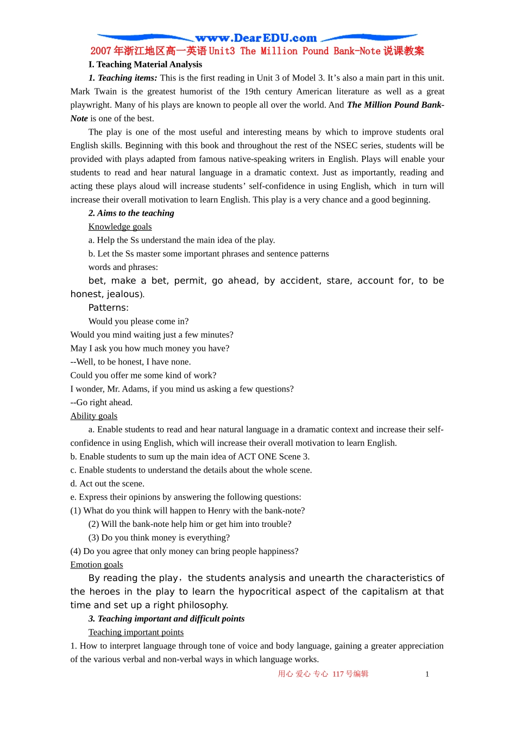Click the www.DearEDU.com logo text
(256, 38)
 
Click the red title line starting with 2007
(257, 51)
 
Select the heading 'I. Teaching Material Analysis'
(145, 64)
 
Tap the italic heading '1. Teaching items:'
(123, 78)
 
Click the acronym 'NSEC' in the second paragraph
(346, 146)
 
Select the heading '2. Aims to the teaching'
(131, 213)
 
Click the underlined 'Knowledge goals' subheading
(120, 226)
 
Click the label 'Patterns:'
(109, 307)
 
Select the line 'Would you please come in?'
(139, 321)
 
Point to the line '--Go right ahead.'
(102, 402)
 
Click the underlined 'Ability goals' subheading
(94, 416)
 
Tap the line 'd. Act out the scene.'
(108, 483)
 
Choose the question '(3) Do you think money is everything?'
(159, 538)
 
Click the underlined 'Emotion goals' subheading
(97, 565)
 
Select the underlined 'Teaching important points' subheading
(136, 632)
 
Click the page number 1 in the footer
(427, 674)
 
